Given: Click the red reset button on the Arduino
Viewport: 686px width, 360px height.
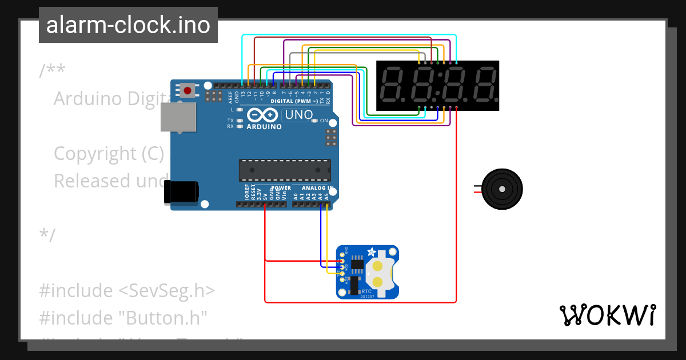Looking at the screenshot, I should (187, 90).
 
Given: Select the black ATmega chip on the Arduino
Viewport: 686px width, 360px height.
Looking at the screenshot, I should (284, 170).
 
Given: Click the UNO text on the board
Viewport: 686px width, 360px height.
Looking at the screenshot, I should (299, 115).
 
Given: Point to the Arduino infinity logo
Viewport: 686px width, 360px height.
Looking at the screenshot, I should (264, 115).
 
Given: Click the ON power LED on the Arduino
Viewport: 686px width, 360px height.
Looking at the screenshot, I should (316, 121).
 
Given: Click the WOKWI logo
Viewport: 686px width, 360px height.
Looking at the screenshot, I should (607, 315).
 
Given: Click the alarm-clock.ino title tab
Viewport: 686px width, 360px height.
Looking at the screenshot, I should (128, 25).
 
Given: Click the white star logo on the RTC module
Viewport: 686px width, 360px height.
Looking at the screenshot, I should (371, 252).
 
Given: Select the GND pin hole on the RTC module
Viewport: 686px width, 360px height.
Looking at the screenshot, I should (342, 254).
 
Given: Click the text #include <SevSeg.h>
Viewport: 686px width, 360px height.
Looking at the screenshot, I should (127, 290).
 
